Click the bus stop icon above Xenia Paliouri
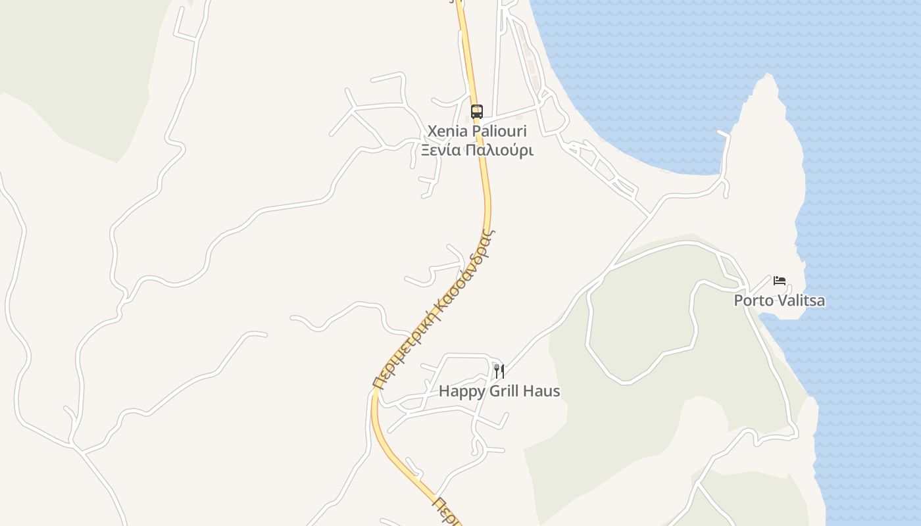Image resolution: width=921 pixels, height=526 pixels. (477, 111)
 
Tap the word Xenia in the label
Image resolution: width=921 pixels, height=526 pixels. (445, 131)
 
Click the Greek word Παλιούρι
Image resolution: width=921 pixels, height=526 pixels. (499, 151)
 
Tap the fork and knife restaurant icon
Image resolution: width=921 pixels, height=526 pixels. (499, 371)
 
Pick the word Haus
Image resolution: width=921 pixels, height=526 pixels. (543, 391)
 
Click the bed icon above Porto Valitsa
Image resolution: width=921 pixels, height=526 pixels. (780, 281)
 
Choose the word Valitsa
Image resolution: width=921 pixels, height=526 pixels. (801, 301)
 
